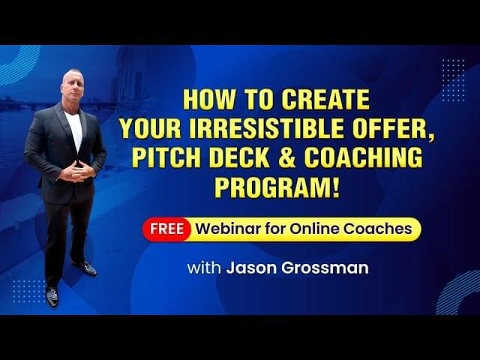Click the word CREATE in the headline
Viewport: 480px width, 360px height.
click(325, 100)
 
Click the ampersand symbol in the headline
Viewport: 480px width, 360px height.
click(286, 157)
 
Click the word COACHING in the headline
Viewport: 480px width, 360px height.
click(363, 157)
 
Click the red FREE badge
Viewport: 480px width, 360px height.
click(166, 229)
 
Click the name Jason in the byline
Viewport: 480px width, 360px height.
click(252, 268)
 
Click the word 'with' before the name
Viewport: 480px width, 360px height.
click(204, 268)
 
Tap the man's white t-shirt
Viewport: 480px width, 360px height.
click(74, 130)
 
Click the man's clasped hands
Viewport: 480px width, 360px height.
click(76, 172)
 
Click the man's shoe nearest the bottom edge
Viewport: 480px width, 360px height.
click(52, 296)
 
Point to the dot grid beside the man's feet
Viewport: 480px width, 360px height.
click(28, 292)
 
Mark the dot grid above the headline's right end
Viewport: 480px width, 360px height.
click(454, 81)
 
